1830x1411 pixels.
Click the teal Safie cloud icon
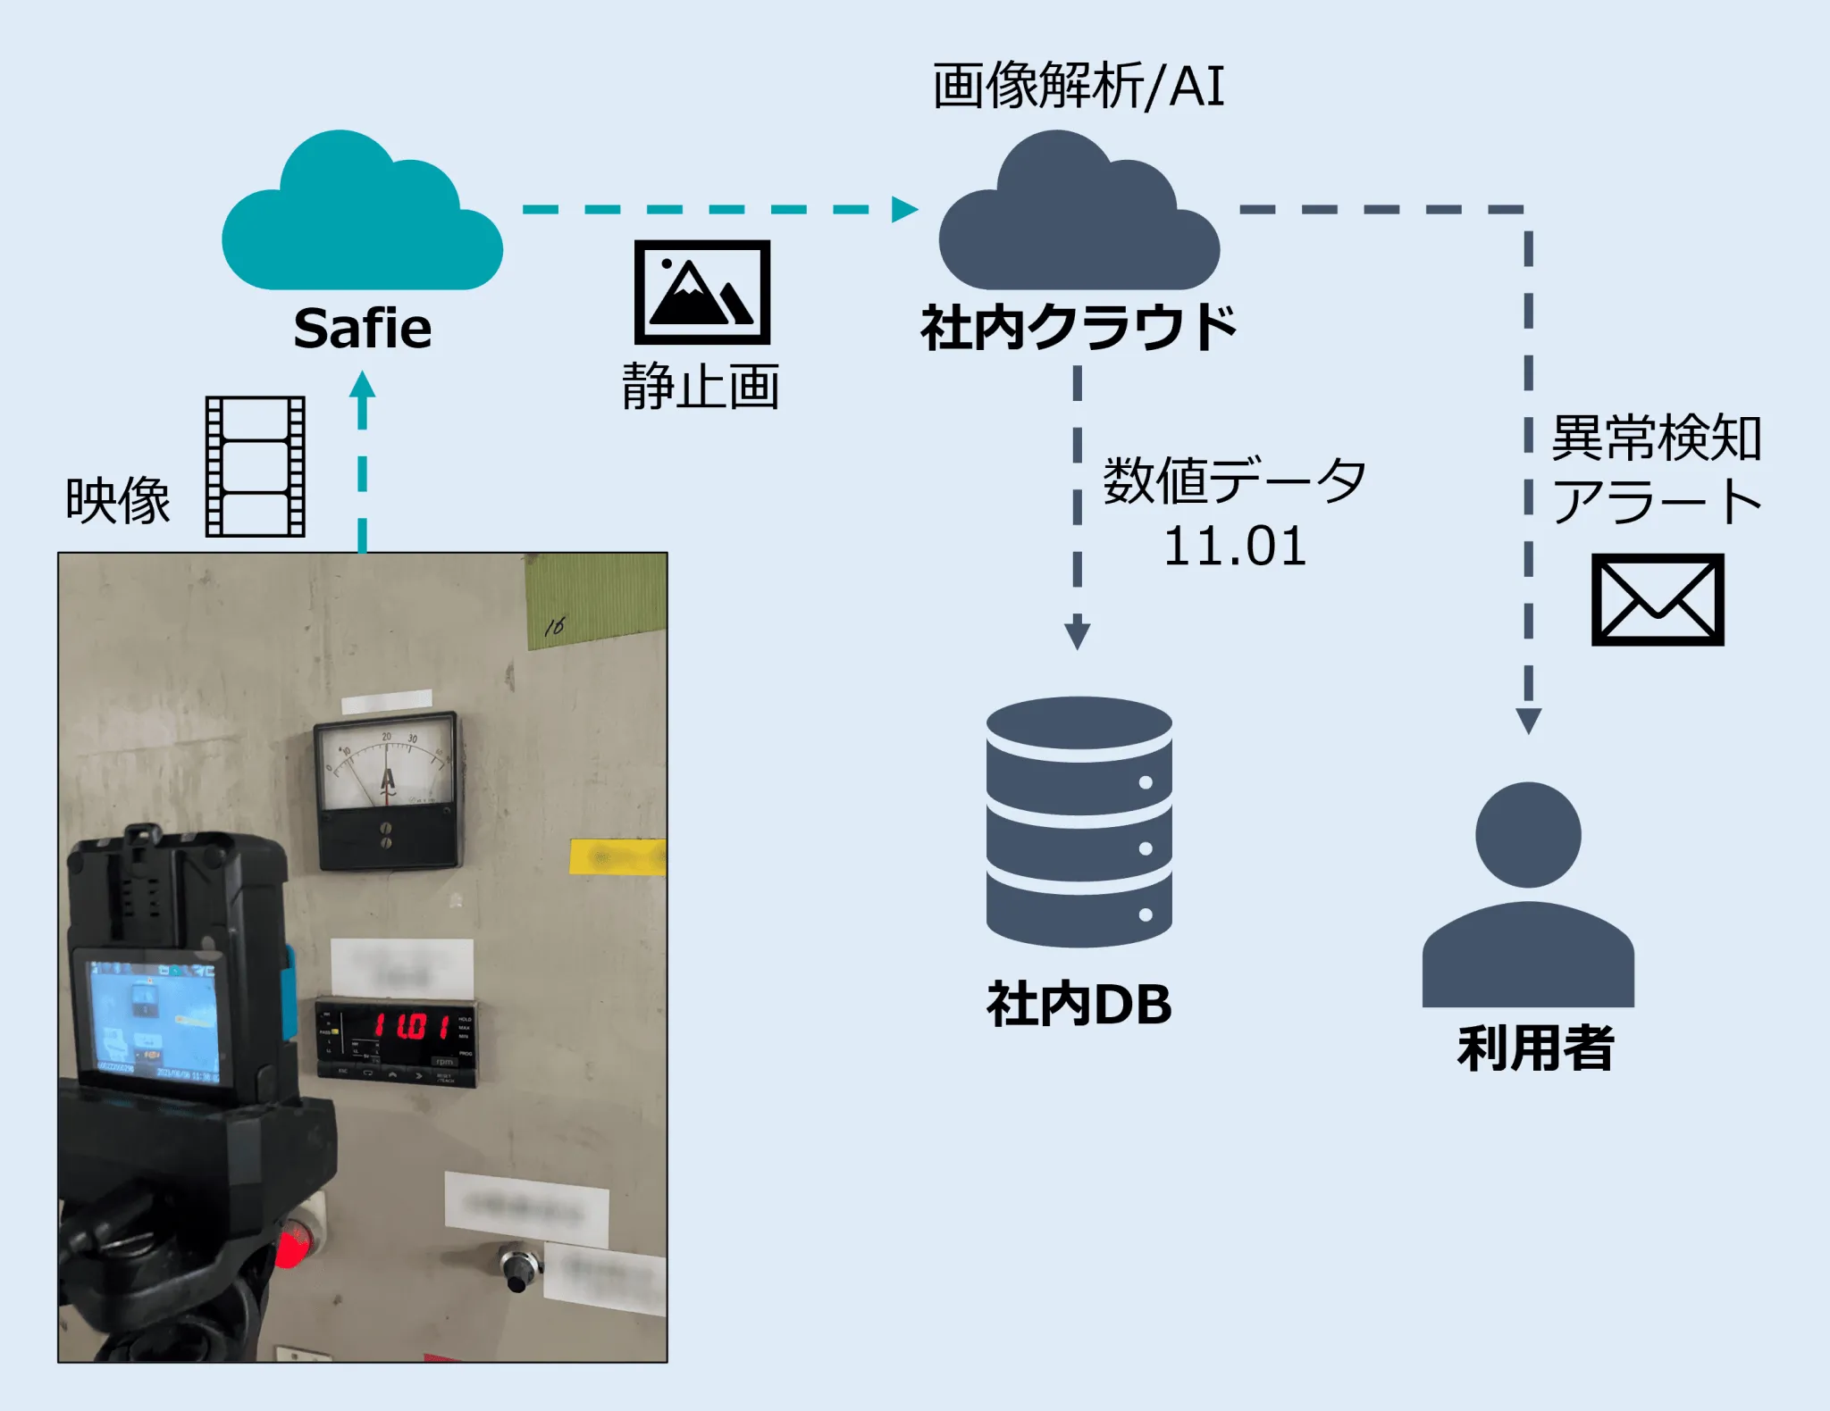(x=362, y=219)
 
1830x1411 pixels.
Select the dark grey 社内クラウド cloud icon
(x=1079, y=219)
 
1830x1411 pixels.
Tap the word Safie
(x=362, y=329)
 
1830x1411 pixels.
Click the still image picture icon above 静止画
(x=702, y=292)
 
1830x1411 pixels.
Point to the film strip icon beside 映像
(x=256, y=466)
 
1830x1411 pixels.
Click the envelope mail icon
(x=1658, y=599)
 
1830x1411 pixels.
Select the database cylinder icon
(x=1079, y=822)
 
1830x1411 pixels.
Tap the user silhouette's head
(x=1528, y=835)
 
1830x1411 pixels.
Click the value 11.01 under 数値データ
(x=1235, y=547)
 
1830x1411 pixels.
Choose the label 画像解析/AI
(x=1079, y=87)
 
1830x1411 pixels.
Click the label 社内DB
(x=1079, y=1005)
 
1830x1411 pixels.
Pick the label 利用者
(x=1535, y=1048)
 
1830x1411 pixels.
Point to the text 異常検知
(x=1656, y=438)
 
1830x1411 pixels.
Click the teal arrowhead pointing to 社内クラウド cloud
(x=903, y=209)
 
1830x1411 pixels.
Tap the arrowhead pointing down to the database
(x=1078, y=634)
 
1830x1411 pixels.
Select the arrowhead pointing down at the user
(x=1529, y=720)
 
